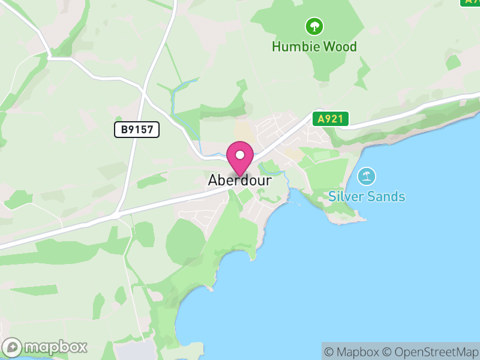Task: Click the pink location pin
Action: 240,158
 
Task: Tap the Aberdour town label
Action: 240,181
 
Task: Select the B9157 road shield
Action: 137,129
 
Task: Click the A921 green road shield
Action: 330,119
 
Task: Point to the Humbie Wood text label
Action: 314,46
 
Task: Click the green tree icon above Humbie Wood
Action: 314,26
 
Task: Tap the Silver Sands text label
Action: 367,196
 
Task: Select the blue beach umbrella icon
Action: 367,176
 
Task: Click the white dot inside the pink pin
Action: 240,155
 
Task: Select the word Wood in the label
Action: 340,46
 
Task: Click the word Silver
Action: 345,196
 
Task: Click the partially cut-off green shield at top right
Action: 470,2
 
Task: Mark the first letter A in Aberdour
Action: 213,181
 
